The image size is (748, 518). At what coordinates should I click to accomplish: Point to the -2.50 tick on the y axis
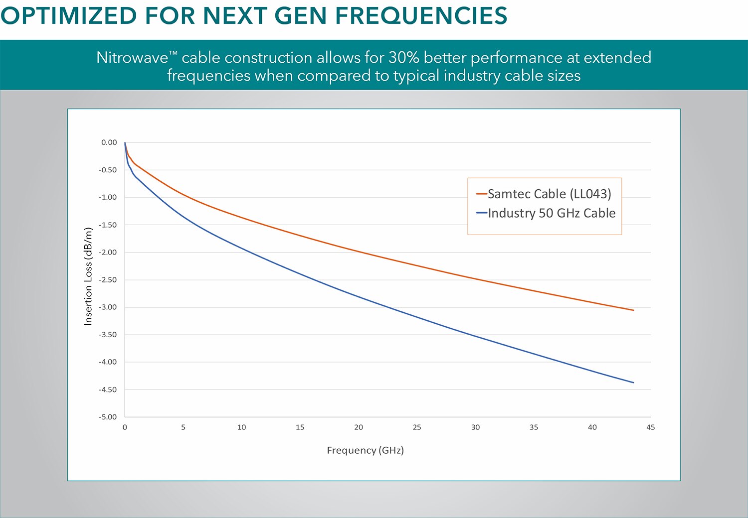tap(107, 280)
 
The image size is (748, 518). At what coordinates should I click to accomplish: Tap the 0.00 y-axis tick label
tap(109, 142)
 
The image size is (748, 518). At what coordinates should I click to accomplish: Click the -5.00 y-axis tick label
tap(107, 417)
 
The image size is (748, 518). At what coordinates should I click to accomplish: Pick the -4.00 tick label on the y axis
tap(107, 362)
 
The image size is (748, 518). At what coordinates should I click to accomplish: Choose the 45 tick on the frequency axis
tap(650, 427)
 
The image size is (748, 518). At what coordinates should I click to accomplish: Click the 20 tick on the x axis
tap(359, 427)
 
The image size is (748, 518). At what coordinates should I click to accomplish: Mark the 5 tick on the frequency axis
tap(183, 427)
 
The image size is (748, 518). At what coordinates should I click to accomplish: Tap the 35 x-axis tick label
tap(534, 427)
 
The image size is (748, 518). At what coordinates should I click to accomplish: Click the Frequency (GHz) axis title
tap(365, 450)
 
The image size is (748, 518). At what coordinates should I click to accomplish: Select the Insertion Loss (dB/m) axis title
tap(88, 276)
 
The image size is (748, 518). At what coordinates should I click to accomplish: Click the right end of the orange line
tap(633, 310)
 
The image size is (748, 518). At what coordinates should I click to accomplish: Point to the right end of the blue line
tap(633, 383)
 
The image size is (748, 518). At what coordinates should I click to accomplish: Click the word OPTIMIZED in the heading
tap(68, 16)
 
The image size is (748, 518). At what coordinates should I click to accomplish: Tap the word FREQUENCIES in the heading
tap(421, 16)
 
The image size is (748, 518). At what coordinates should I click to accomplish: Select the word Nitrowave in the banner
tap(132, 58)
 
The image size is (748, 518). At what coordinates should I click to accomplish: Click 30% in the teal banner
tap(403, 58)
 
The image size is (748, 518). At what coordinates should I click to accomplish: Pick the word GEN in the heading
tap(301, 16)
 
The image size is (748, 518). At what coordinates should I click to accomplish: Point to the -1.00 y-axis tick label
tap(107, 197)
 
